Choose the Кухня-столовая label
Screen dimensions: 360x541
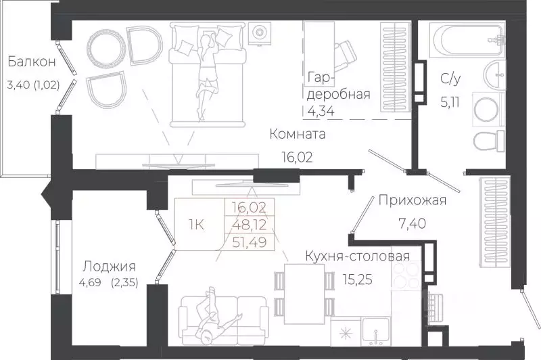pyautogui.click(x=358, y=256)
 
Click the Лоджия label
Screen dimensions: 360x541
pyautogui.click(x=109, y=266)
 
